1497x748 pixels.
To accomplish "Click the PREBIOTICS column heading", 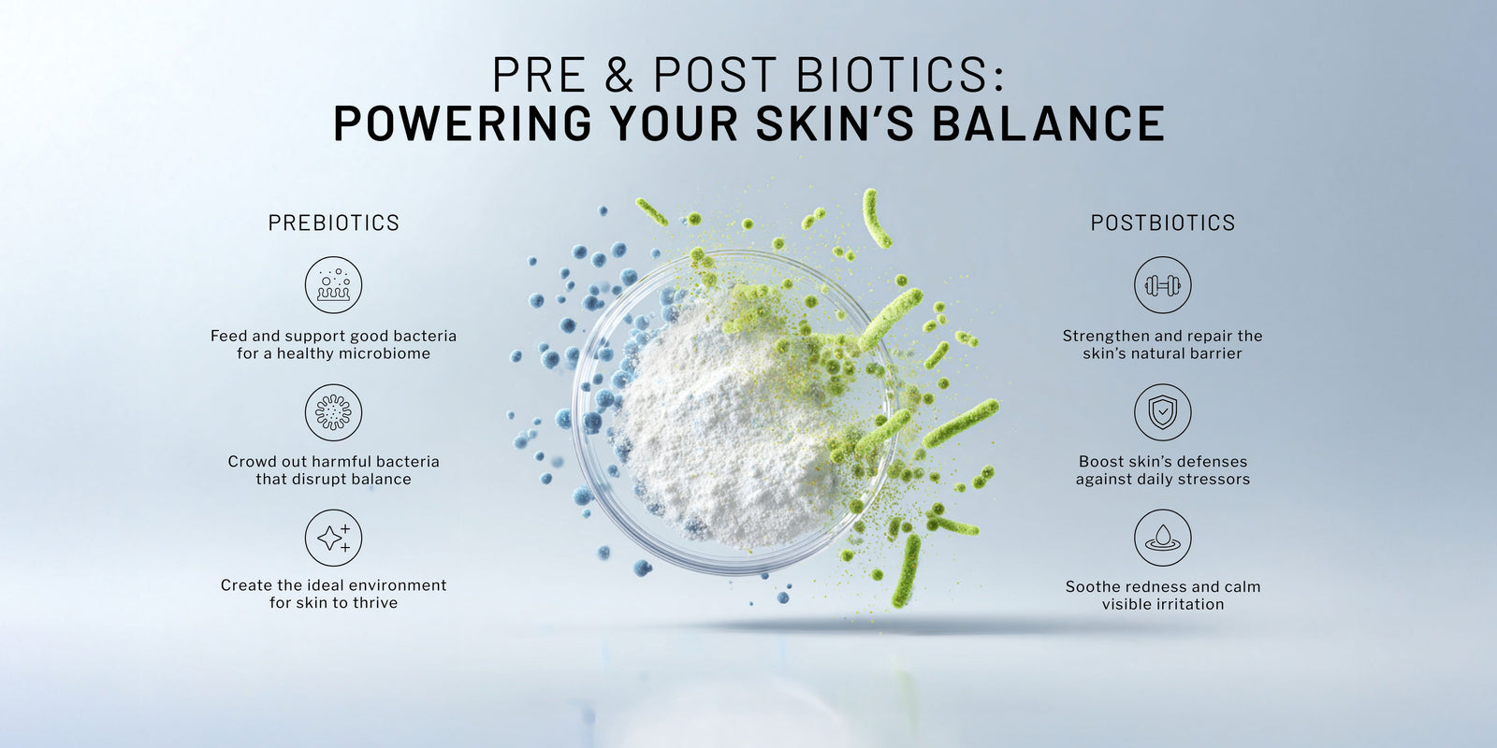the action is (x=333, y=223).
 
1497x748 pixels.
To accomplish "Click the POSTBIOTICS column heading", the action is (x=1163, y=223).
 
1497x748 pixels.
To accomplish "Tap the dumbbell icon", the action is (x=1163, y=285).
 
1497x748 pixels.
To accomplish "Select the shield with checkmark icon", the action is (x=1163, y=412).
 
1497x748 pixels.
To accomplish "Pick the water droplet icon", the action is (x=1163, y=538).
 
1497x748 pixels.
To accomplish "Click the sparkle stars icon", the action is (x=333, y=538).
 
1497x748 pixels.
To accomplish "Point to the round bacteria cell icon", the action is (x=333, y=412).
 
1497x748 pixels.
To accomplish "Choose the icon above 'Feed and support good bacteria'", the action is (x=333, y=285).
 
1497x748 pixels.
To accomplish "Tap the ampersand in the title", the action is (x=618, y=74).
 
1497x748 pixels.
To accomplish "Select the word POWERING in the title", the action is (x=462, y=123).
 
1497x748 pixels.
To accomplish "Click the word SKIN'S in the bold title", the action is (x=835, y=123).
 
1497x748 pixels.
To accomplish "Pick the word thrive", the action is (x=376, y=603).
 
